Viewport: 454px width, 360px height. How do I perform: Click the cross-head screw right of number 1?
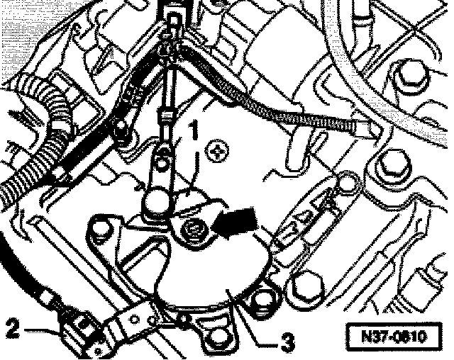215,151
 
